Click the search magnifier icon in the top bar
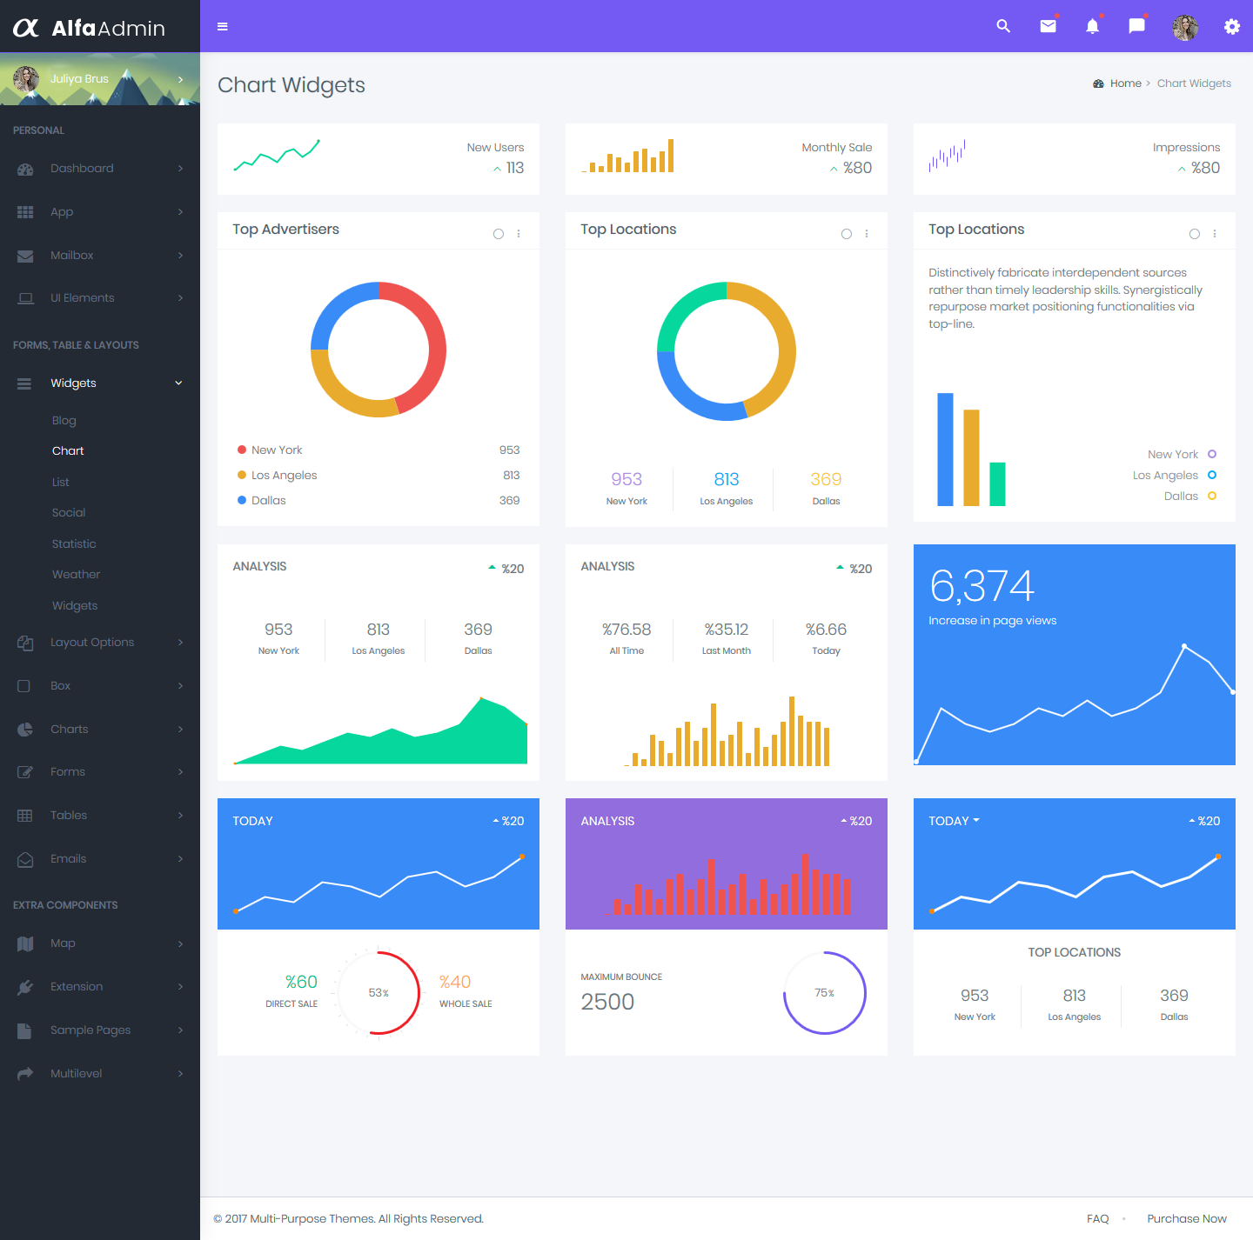coord(1003,26)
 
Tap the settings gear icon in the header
coord(1231,26)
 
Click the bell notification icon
coord(1092,26)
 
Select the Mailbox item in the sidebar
coord(71,255)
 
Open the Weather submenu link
coord(76,574)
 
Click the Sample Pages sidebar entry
coord(90,1030)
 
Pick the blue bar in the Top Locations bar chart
coord(945,449)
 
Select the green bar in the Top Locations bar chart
coord(997,483)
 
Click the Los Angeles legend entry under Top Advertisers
coord(284,475)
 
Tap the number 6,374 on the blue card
coord(982,585)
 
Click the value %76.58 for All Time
coord(626,629)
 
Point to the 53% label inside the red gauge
coord(379,992)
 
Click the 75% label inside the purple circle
coord(824,992)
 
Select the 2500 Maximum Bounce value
coord(607,1002)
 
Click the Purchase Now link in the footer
coord(1186,1218)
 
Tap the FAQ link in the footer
coord(1097,1218)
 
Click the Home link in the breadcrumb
coord(1125,83)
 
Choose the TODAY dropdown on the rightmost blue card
coord(953,821)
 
